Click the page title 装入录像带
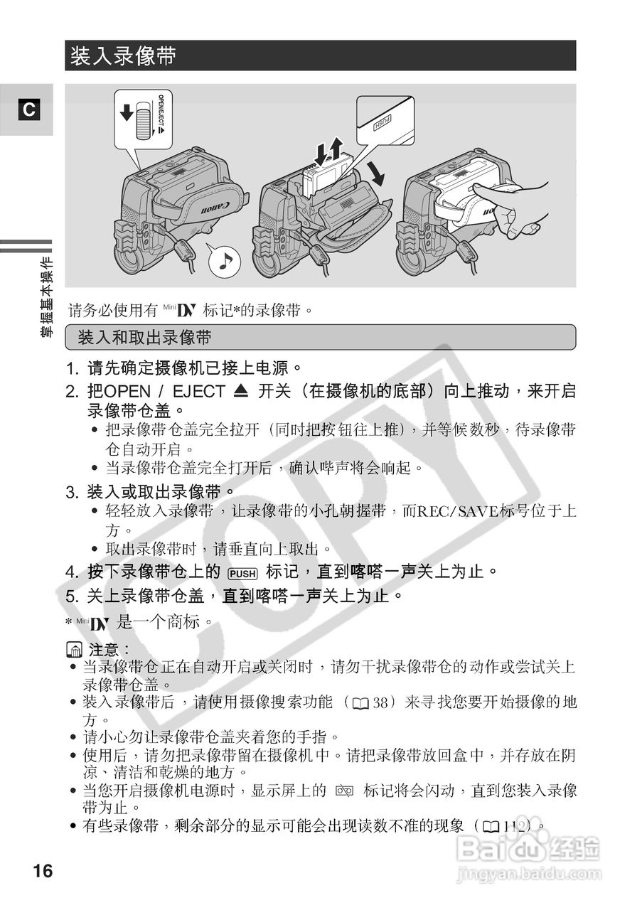click(x=122, y=55)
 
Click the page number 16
click(x=43, y=870)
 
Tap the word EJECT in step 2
click(x=200, y=392)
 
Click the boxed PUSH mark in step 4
click(x=242, y=572)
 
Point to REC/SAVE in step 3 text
click(x=460, y=510)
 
